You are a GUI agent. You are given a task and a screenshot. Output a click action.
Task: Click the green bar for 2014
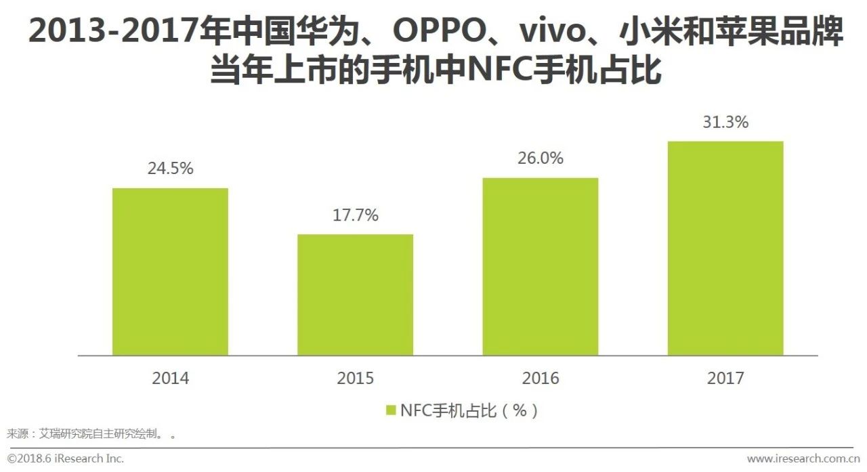(170, 272)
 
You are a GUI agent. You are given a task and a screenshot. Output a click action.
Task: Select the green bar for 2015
(355, 295)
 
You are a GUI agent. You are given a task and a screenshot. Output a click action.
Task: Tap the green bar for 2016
(540, 266)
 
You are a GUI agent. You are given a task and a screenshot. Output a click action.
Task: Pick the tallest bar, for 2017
(725, 248)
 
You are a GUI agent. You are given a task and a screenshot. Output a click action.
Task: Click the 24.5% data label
(170, 169)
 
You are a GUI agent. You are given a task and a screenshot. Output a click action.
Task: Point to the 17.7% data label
(355, 215)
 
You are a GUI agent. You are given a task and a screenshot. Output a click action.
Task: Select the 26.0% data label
(540, 158)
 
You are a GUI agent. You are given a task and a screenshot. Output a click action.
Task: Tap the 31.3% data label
(725, 123)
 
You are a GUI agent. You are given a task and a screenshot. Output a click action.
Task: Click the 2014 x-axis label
(170, 378)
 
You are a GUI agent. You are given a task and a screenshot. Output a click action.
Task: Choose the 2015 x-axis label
(355, 378)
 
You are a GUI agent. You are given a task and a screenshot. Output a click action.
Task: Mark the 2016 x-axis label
(540, 378)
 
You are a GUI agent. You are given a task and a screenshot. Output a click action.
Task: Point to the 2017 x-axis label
(725, 378)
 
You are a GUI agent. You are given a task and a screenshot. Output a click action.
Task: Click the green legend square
(390, 410)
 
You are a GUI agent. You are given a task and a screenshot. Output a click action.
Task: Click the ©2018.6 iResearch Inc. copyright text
(66, 458)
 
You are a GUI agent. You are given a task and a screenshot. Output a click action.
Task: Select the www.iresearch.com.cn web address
(803, 458)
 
